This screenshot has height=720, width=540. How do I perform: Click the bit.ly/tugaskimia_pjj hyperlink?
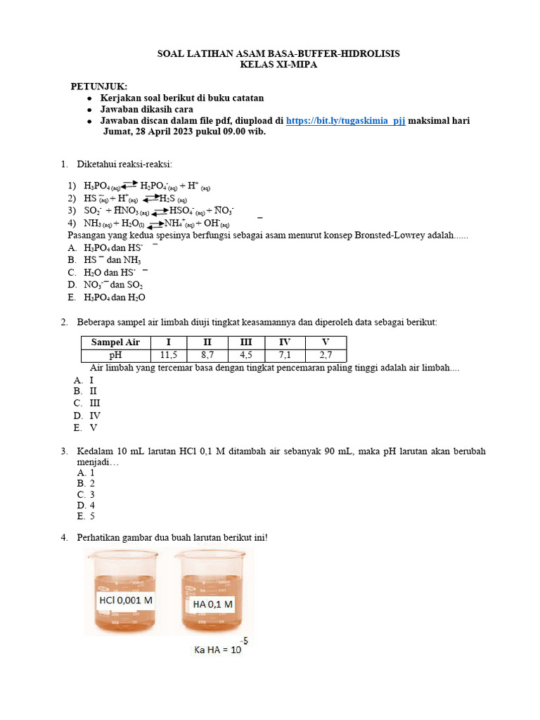(x=345, y=121)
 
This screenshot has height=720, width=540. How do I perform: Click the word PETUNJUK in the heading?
(x=99, y=86)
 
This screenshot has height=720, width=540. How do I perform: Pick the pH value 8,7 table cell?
(x=207, y=354)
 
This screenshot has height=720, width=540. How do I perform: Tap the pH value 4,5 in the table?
(x=245, y=354)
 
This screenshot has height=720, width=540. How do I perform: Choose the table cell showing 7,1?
(x=285, y=354)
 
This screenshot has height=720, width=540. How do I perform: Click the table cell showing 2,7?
(x=325, y=354)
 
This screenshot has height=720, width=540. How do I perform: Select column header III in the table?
(x=245, y=342)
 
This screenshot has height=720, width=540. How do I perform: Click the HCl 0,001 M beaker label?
(x=126, y=600)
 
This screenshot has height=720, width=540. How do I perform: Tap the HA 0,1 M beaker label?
(x=212, y=604)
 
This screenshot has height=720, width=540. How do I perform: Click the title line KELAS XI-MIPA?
(x=278, y=65)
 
